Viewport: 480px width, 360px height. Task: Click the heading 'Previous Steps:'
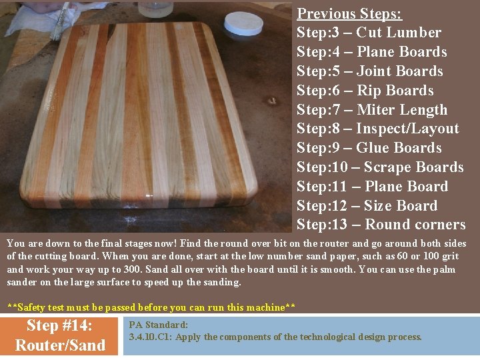349,13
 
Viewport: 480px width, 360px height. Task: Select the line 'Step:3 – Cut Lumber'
369,33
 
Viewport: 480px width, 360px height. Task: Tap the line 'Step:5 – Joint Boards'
369,71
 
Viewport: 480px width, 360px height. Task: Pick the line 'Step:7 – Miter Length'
372,110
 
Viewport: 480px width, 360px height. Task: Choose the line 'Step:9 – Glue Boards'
369,148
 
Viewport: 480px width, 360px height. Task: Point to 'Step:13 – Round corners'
381,225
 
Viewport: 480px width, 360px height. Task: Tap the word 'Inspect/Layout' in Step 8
407,129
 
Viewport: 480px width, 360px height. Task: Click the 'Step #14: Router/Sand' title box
60,335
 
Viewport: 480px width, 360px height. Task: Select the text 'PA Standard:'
159,325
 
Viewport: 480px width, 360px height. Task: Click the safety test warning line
151,307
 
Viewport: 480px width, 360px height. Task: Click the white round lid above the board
243,23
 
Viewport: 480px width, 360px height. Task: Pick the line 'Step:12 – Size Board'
367,206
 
